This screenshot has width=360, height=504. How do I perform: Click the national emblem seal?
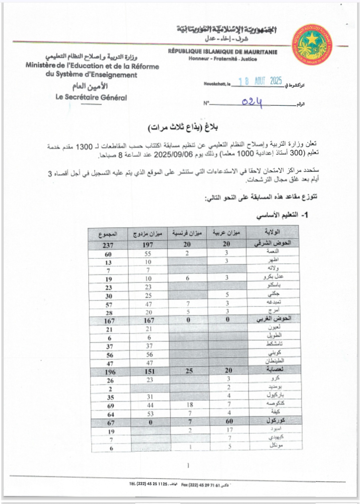click(312, 44)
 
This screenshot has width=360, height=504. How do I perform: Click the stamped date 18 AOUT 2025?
click(260, 81)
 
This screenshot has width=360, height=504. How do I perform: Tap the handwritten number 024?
click(252, 102)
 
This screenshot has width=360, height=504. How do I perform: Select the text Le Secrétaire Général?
click(91, 97)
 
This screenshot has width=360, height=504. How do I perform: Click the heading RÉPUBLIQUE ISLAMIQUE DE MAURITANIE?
click(222, 52)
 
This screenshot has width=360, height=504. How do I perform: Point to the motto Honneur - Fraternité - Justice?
click(222, 59)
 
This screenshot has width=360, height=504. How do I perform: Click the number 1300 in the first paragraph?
click(84, 147)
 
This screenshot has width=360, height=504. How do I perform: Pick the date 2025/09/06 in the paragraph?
click(169, 154)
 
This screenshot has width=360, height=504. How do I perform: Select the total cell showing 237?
click(108, 245)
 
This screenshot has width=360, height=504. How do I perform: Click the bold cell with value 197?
click(148, 245)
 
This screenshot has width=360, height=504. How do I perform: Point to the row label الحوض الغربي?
click(274, 319)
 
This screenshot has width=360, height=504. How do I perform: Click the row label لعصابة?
click(275, 369)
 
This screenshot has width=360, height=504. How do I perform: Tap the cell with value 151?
click(150, 371)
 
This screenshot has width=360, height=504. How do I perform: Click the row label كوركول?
click(276, 421)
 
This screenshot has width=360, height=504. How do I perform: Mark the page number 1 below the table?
click(188, 465)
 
